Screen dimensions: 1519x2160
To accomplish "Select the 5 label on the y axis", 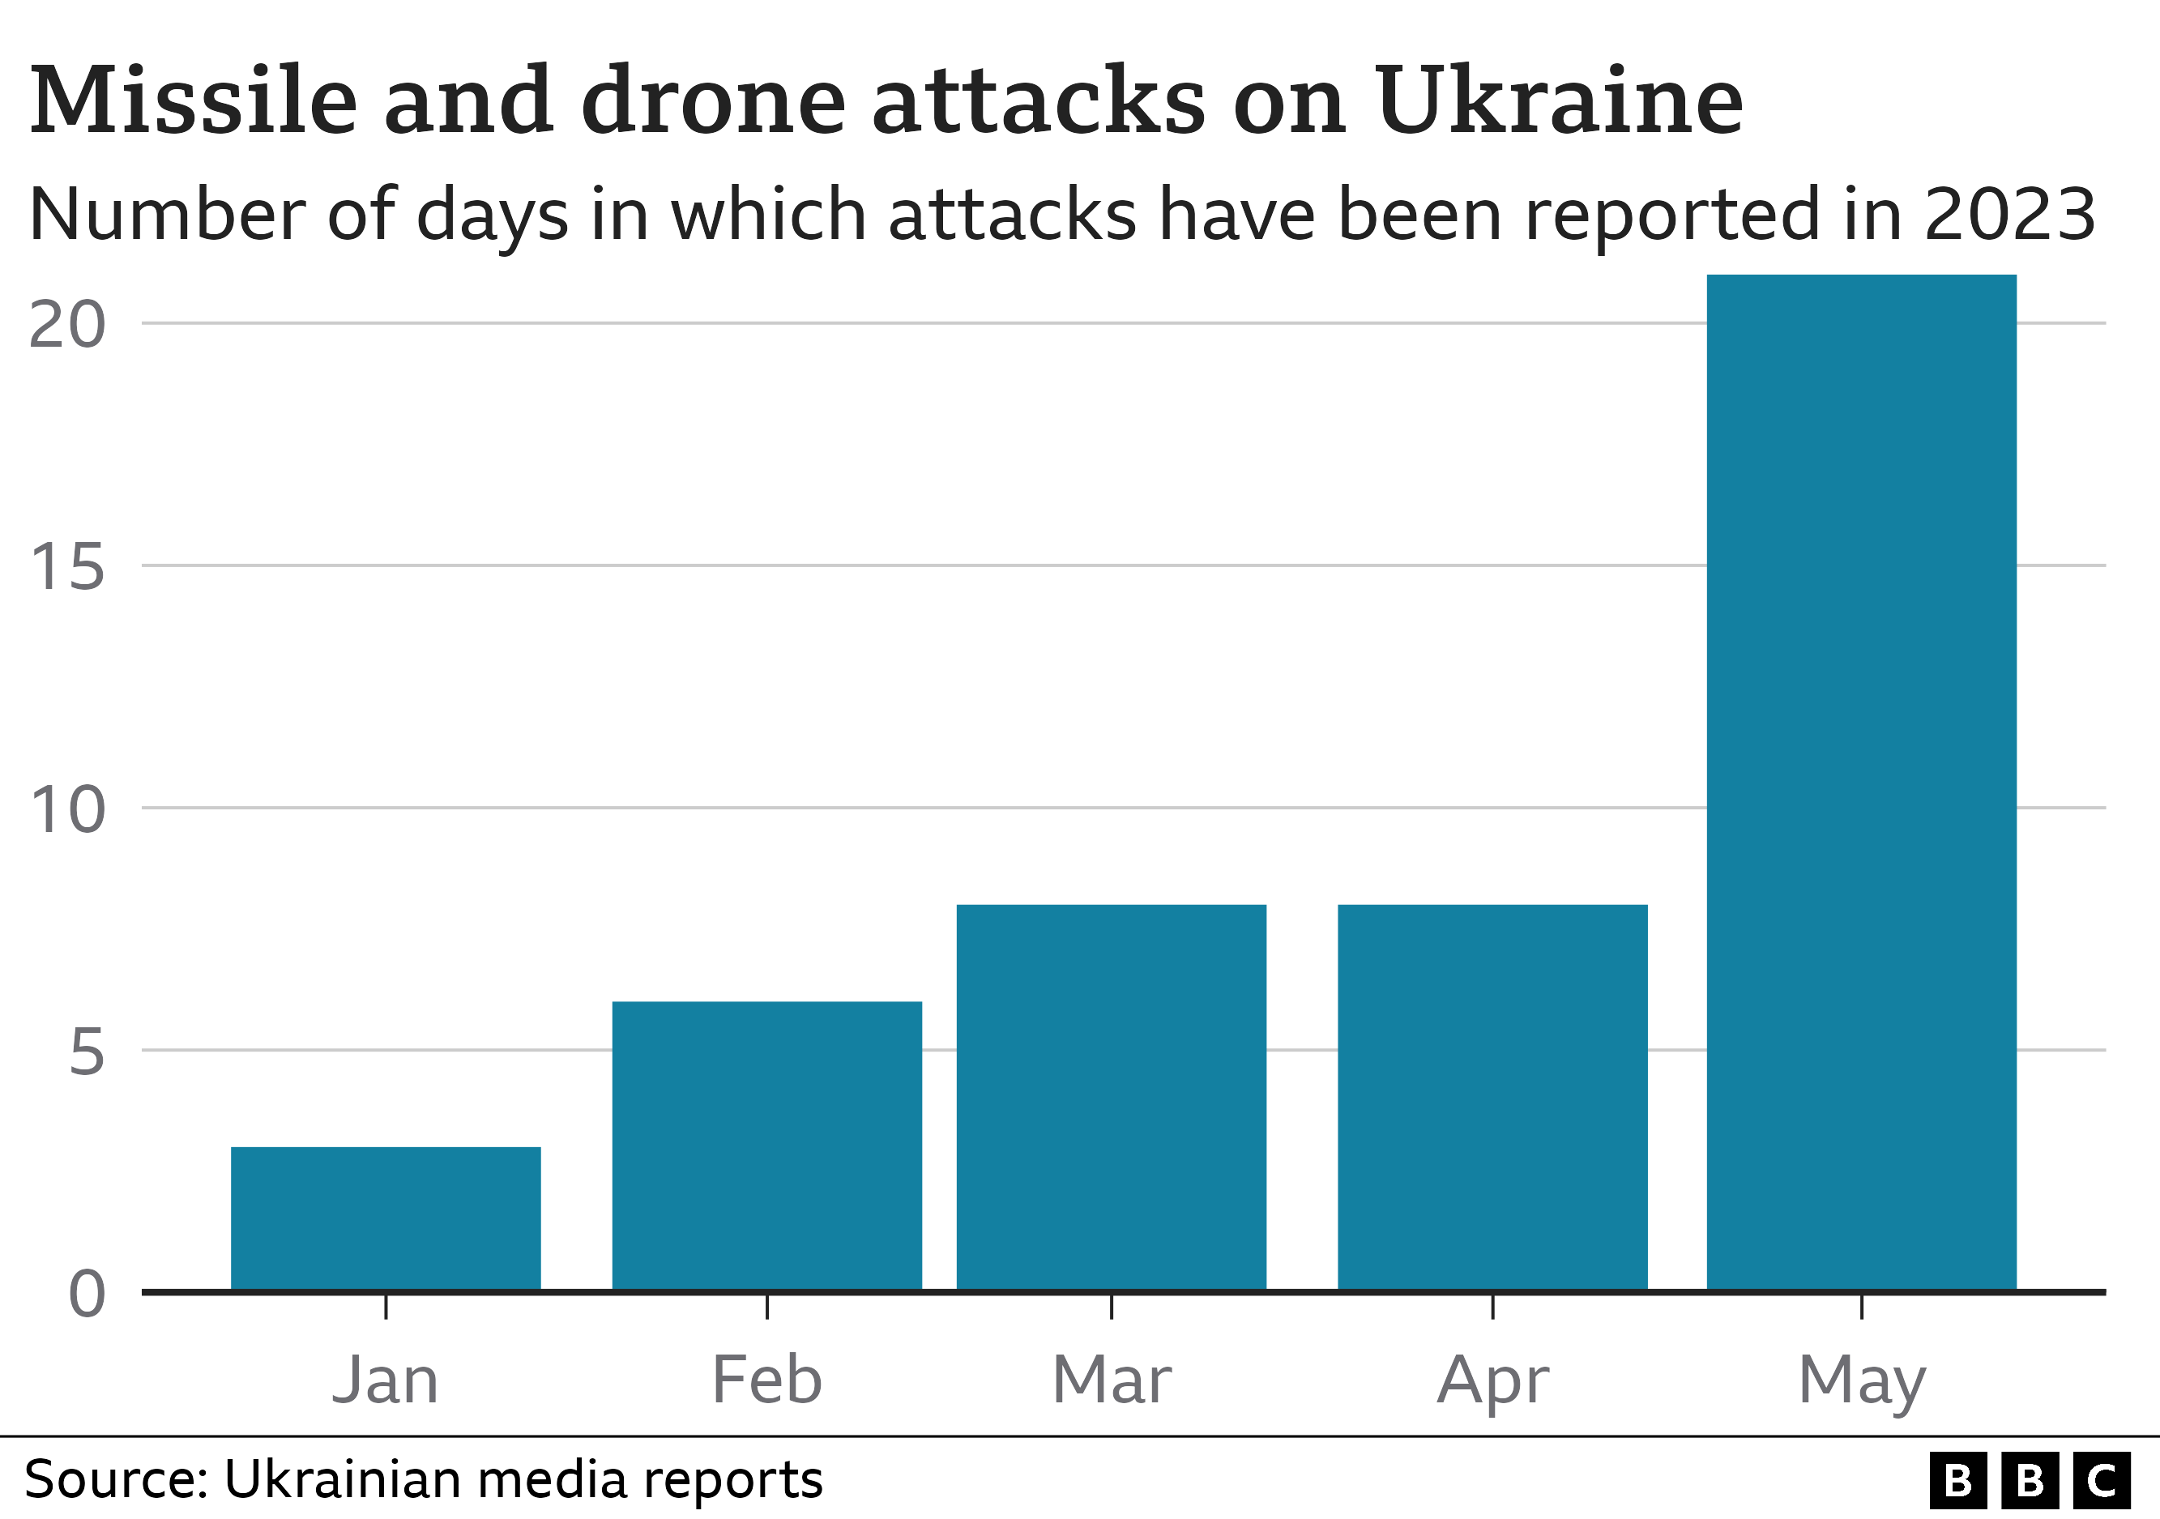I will coord(87,1052).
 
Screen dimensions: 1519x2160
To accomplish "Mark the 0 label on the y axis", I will coord(87,1295).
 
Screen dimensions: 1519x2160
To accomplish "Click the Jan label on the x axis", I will coord(386,1380).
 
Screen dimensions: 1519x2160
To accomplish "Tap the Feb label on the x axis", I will coord(766,1380).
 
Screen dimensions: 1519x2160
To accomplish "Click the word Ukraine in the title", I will coord(1558,100).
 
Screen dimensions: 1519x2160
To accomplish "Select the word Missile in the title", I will coord(194,100).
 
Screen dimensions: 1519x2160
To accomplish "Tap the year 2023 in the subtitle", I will coord(2009,215).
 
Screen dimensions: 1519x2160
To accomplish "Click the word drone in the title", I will coord(713,100).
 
